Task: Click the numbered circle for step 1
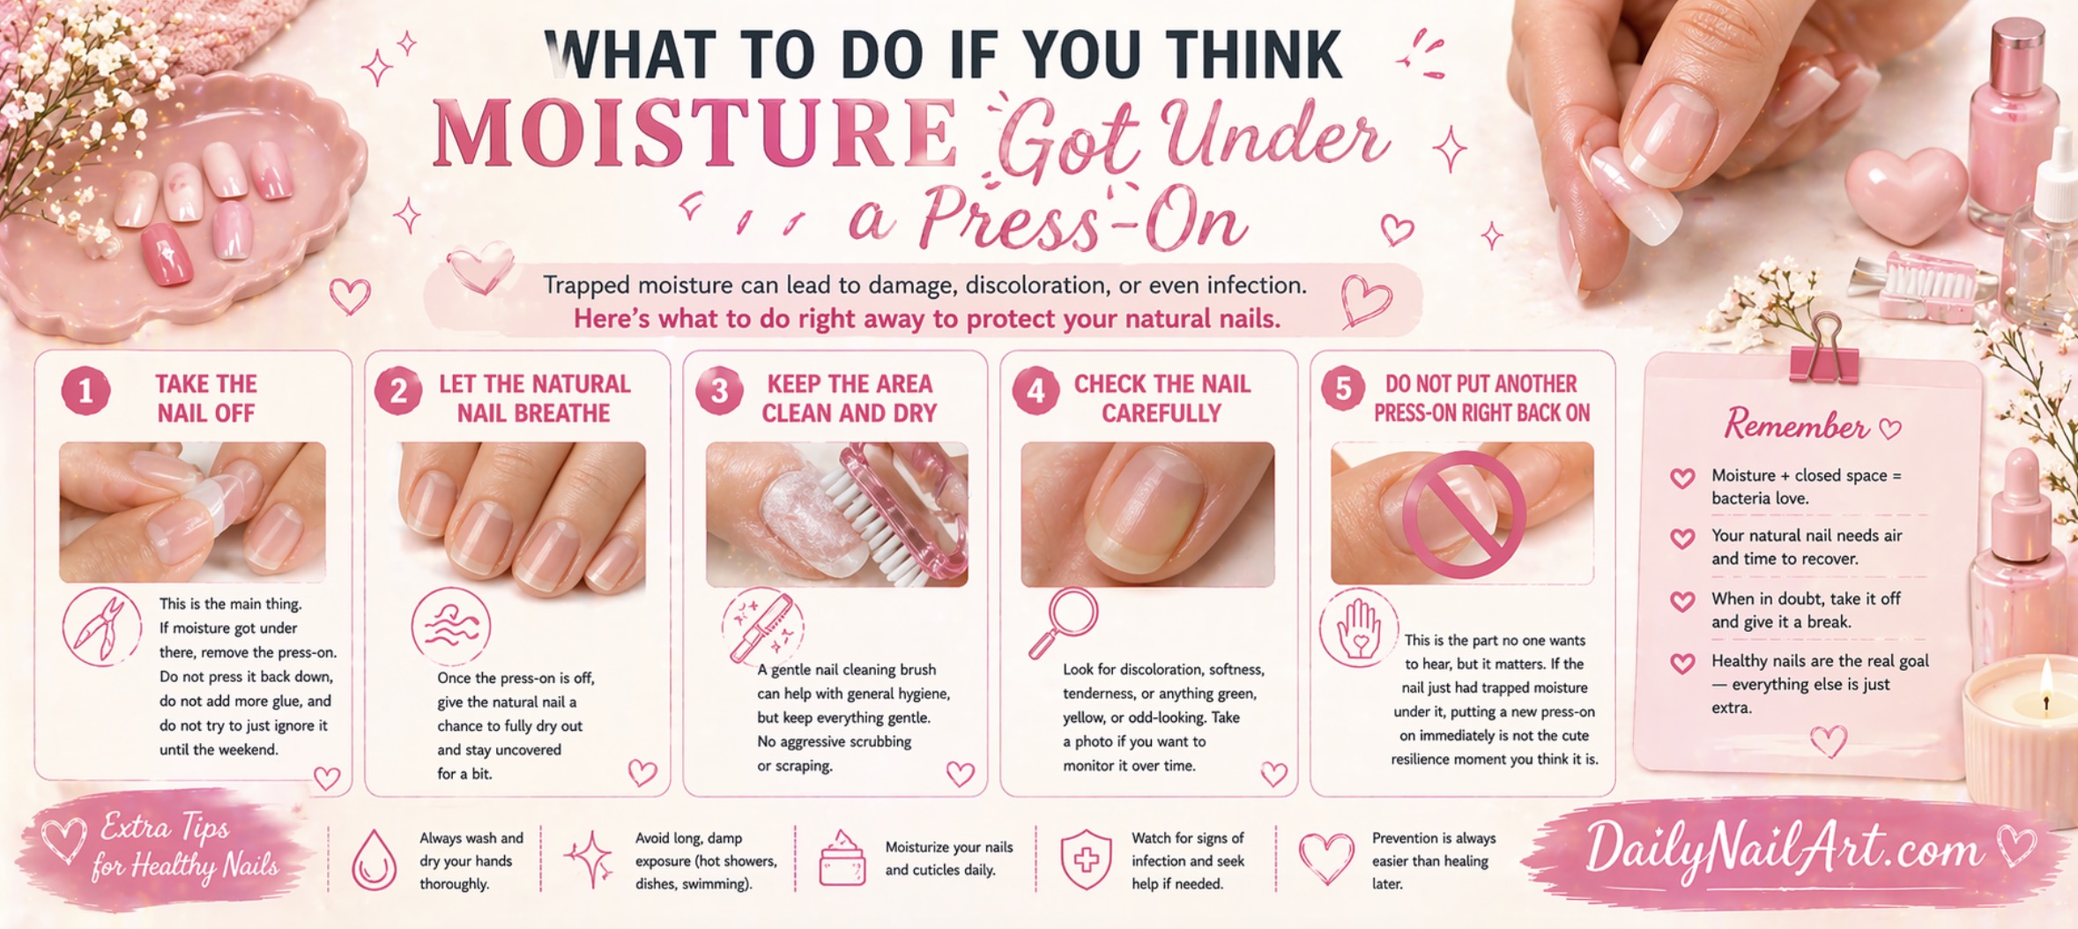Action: (x=85, y=391)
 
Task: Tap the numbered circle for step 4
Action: (x=1035, y=391)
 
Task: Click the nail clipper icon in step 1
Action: (x=101, y=627)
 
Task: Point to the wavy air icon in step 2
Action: (x=451, y=627)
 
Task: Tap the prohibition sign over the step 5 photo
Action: (x=1464, y=514)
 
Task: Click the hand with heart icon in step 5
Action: (x=1358, y=628)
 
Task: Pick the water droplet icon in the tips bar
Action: (x=374, y=860)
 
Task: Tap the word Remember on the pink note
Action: (x=1796, y=426)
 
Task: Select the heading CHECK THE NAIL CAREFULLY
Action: (x=1161, y=398)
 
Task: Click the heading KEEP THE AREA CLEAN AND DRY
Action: (x=849, y=398)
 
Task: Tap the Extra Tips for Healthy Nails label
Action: (x=186, y=847)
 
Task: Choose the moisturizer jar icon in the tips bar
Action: (x=842, y=858)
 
